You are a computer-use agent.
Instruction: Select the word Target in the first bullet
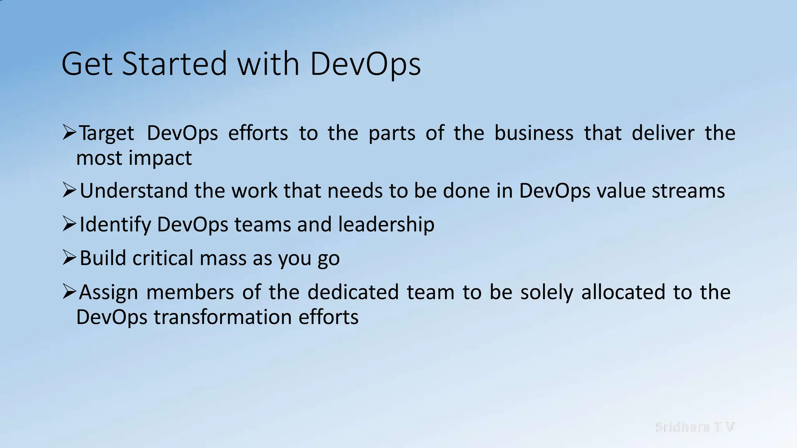(107, 133)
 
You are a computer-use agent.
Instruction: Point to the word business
(534, 133)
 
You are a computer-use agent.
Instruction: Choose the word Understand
(133, 191)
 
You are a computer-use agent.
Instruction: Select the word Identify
(115, 225)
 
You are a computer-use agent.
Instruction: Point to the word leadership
(386, 225)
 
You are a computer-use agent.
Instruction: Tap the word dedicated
(353, 292)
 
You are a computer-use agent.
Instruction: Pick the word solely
(546, 292)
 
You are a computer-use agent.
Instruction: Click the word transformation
(223, 317)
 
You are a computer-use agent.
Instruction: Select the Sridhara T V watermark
(695, 427)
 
